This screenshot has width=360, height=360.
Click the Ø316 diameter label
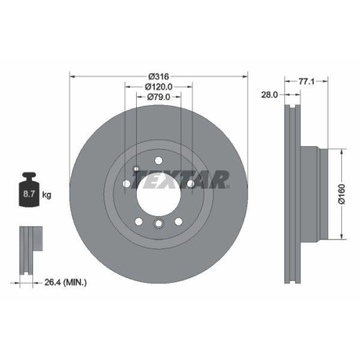[x=158, y=76]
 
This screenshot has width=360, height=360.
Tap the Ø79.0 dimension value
[x=158, y=96]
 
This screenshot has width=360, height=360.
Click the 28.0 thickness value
[x=269, y=94]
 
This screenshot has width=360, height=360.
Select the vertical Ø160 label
[x=344, y=192]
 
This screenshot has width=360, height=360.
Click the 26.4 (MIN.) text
[x=67, y=283]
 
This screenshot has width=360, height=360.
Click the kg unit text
[x=48, y=195]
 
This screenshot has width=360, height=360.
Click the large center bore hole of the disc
[x=158, y=204]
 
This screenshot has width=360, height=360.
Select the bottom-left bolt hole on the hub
[x=139, y=220]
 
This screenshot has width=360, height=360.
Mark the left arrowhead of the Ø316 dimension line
[x=72, y=76]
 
